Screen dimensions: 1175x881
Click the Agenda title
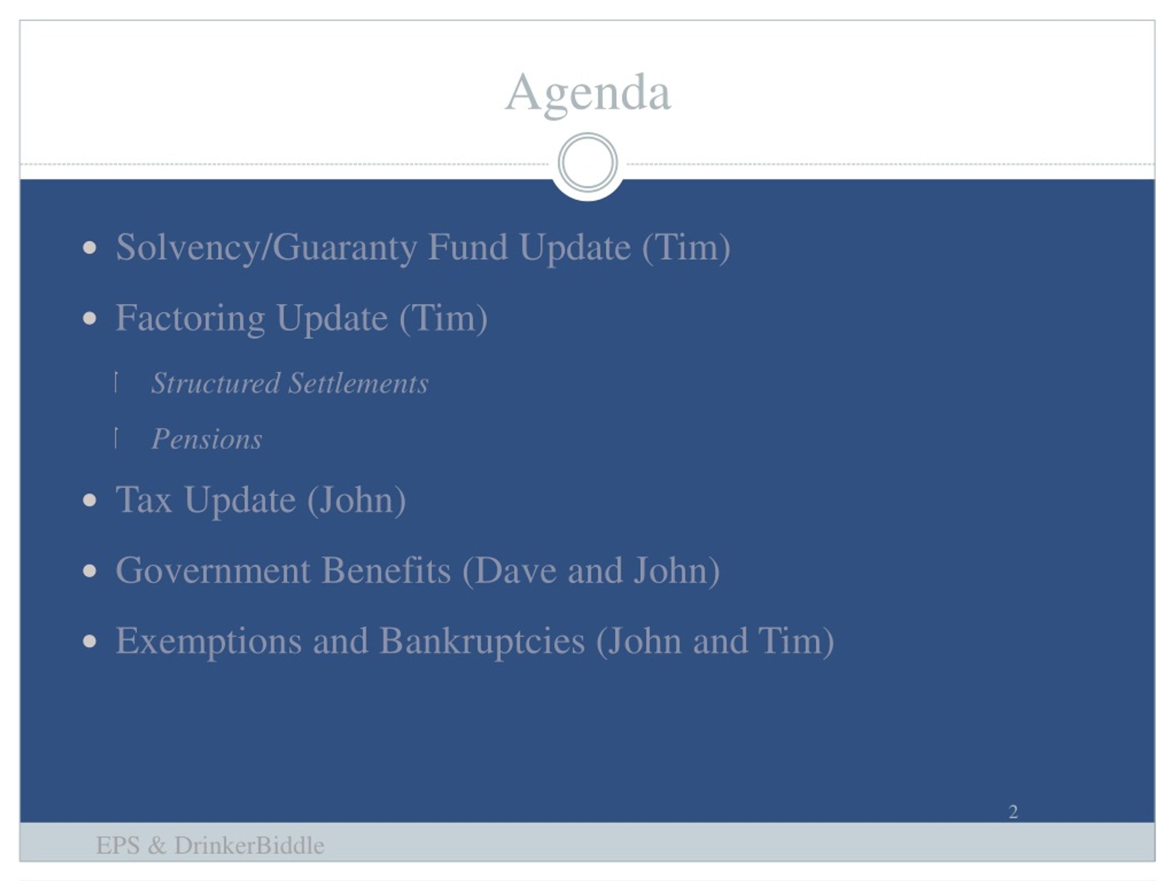coord(587,95)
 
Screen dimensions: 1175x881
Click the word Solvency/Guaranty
coord(266,248)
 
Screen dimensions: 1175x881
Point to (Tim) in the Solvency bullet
coord(686,248)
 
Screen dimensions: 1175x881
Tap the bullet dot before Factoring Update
coord(90,318)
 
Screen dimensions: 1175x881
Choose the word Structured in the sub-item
coord(216,384)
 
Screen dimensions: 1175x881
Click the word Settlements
coord(358,384)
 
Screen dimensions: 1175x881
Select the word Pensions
coord(207,439)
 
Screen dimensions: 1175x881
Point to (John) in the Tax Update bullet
coord(357,501)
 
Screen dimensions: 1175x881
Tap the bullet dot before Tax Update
coord(90,500)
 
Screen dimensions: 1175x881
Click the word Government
coord(213,571)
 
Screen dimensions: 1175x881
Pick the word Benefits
coord(386,571)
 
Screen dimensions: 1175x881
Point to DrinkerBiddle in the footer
coord(249,845)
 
